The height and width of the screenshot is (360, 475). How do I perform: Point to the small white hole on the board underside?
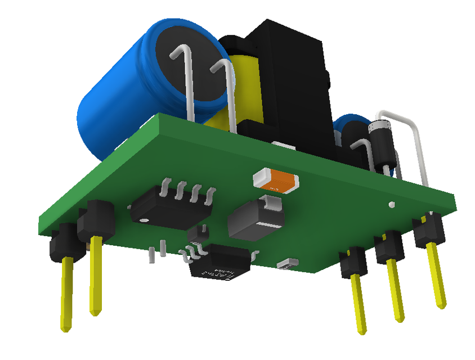pyautogui.click(x=392, y=204)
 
